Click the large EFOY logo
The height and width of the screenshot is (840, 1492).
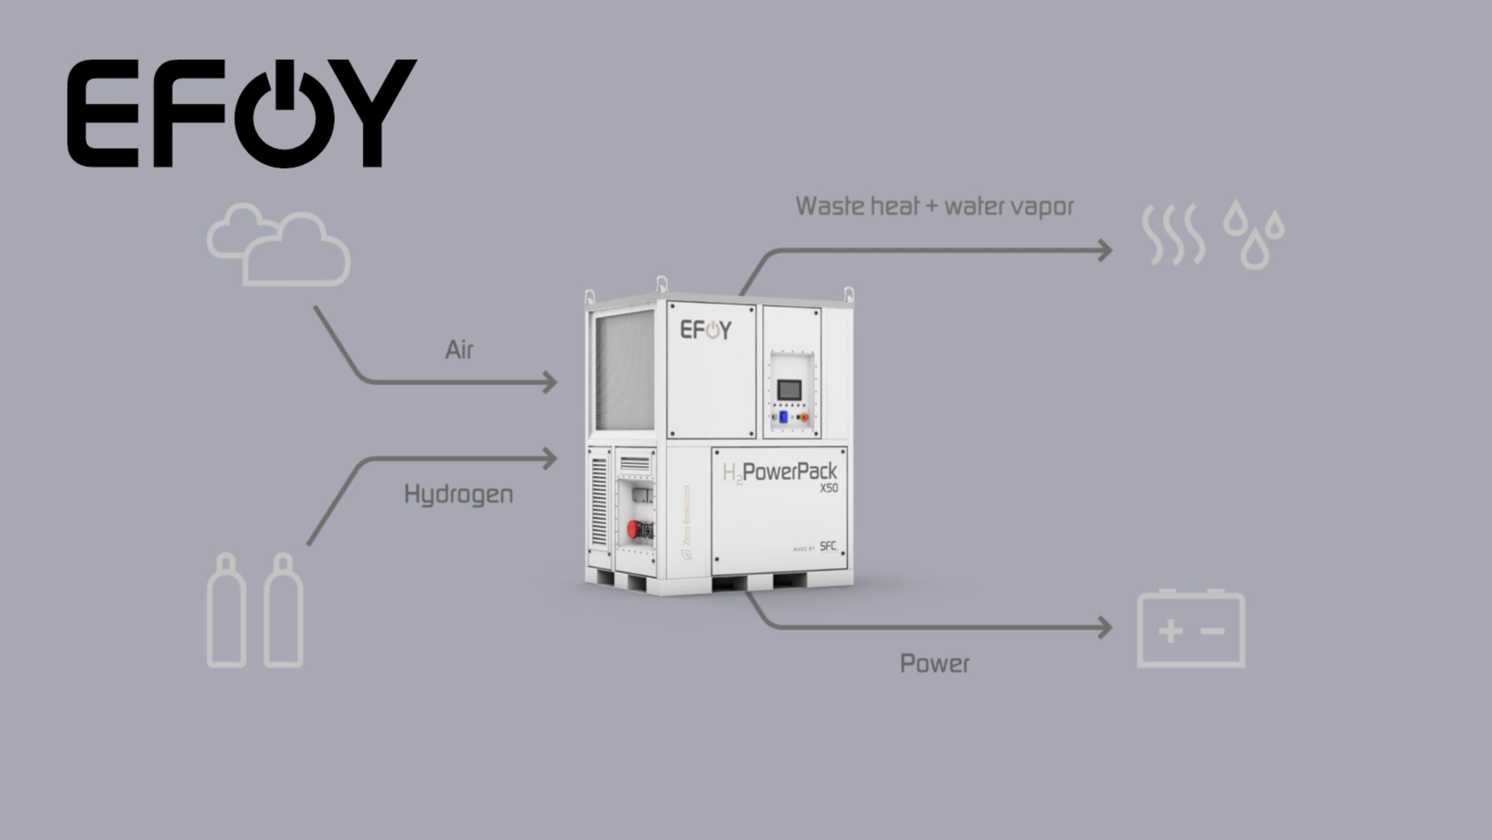click(x=242, y=113)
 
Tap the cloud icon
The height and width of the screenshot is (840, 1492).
click(x=279, y=245)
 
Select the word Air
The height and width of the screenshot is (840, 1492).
click(x=459, y=350)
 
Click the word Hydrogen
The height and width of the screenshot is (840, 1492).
click(x=459, y=495)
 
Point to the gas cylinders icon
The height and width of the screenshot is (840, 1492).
click(x=255, y=610)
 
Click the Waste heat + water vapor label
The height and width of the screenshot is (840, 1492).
click(x=935, y=206)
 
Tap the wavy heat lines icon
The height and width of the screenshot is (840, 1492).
click(x=1173, y=235)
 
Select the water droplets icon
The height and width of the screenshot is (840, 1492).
click(x=1254, y=235)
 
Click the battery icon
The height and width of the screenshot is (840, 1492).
click(x=1191, y=629)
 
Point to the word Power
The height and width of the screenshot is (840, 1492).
click(x=935, y=664)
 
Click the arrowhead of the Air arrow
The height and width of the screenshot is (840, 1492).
click(x=550, y=383)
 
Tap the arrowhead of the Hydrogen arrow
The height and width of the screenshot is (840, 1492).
click(x=550, y=459)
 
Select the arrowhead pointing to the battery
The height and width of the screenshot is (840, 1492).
click(x=1105, y=628)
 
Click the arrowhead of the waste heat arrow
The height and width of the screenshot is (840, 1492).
click(x=1105, y=251)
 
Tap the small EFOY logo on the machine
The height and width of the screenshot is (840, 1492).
click(x=706, y=330)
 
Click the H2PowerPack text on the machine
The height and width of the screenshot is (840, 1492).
click(x=780, y=472)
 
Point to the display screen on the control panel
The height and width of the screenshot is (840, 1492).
click(x=789, y=389)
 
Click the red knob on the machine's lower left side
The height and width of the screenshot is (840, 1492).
click(x=634, y=530)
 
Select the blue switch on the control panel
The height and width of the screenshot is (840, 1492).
click(x=784, y=416)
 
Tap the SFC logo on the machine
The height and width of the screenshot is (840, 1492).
click(x=828, y=547)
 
